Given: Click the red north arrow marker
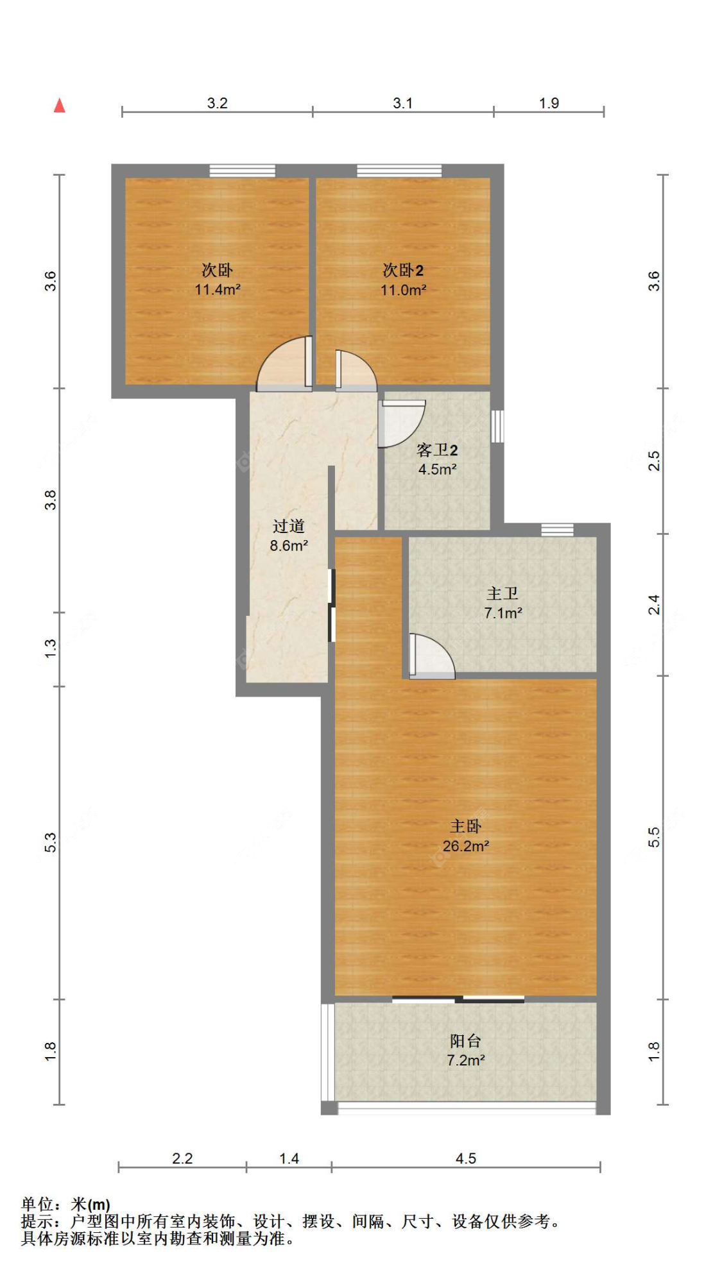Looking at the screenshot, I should (60, 105).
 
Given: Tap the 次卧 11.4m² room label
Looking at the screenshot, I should (218, 280).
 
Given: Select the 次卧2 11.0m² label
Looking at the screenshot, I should (403, 280).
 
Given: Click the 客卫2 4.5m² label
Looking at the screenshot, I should (437, 459).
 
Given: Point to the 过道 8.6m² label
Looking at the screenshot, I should (288, 536).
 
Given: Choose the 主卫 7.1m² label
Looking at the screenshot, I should (503, 603).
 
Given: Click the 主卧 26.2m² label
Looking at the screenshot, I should (465, 836).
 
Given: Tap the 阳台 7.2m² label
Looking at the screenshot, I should (465, 1050).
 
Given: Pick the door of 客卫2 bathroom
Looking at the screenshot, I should (399, 423).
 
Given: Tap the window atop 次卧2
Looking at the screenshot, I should (399, 171).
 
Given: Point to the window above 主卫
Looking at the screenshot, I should (556, 530).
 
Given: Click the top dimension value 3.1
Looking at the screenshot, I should (402, 103).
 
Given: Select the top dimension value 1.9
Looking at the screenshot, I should (549, 103).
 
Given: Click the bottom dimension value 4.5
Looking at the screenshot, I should (465, 1158).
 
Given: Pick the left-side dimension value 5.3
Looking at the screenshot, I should (51, 842).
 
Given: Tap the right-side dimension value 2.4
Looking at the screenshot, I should (653, 604).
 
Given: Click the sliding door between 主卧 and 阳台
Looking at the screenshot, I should (458, 999).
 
